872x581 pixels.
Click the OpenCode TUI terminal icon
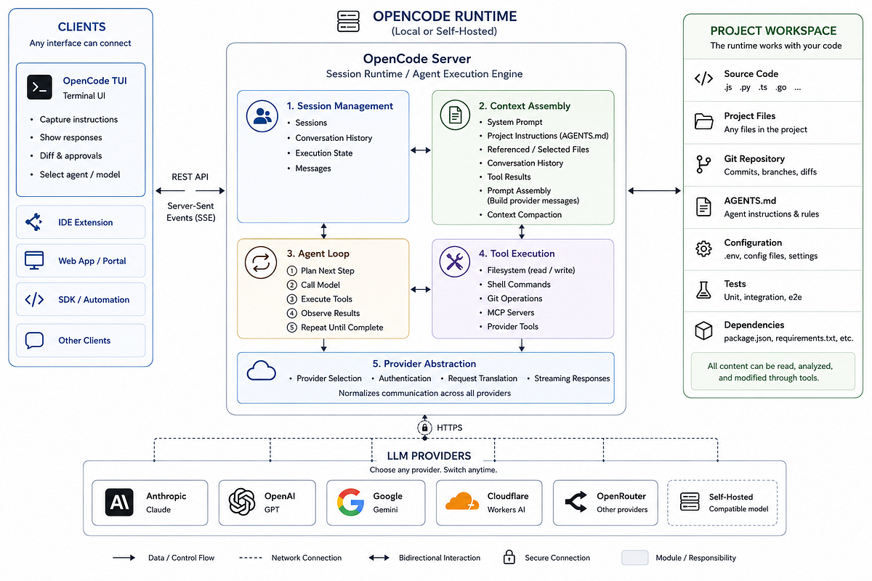[39, 87]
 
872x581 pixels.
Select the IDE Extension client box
[81, 222]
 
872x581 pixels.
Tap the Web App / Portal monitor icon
[34, 260]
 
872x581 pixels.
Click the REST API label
[190, 177]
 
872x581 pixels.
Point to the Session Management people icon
[262, 116]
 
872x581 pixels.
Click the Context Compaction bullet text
[525, 214]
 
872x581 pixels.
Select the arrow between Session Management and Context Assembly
[421, 150]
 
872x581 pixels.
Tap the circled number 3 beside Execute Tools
[291, 299]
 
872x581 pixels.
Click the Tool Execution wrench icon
[454, 261]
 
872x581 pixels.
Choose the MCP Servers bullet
[511, 312]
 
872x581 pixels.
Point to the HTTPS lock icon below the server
[424, 428]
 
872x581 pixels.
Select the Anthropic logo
[119, 502]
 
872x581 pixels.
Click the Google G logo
[350, 502]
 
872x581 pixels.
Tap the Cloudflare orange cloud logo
[462, 501]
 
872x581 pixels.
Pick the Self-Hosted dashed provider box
[722, 503]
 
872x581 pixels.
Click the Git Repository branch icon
[703, 164]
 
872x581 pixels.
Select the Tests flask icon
[703, 290]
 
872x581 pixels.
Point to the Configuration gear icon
[703, 248]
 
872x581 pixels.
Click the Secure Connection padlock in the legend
[509, 557]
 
